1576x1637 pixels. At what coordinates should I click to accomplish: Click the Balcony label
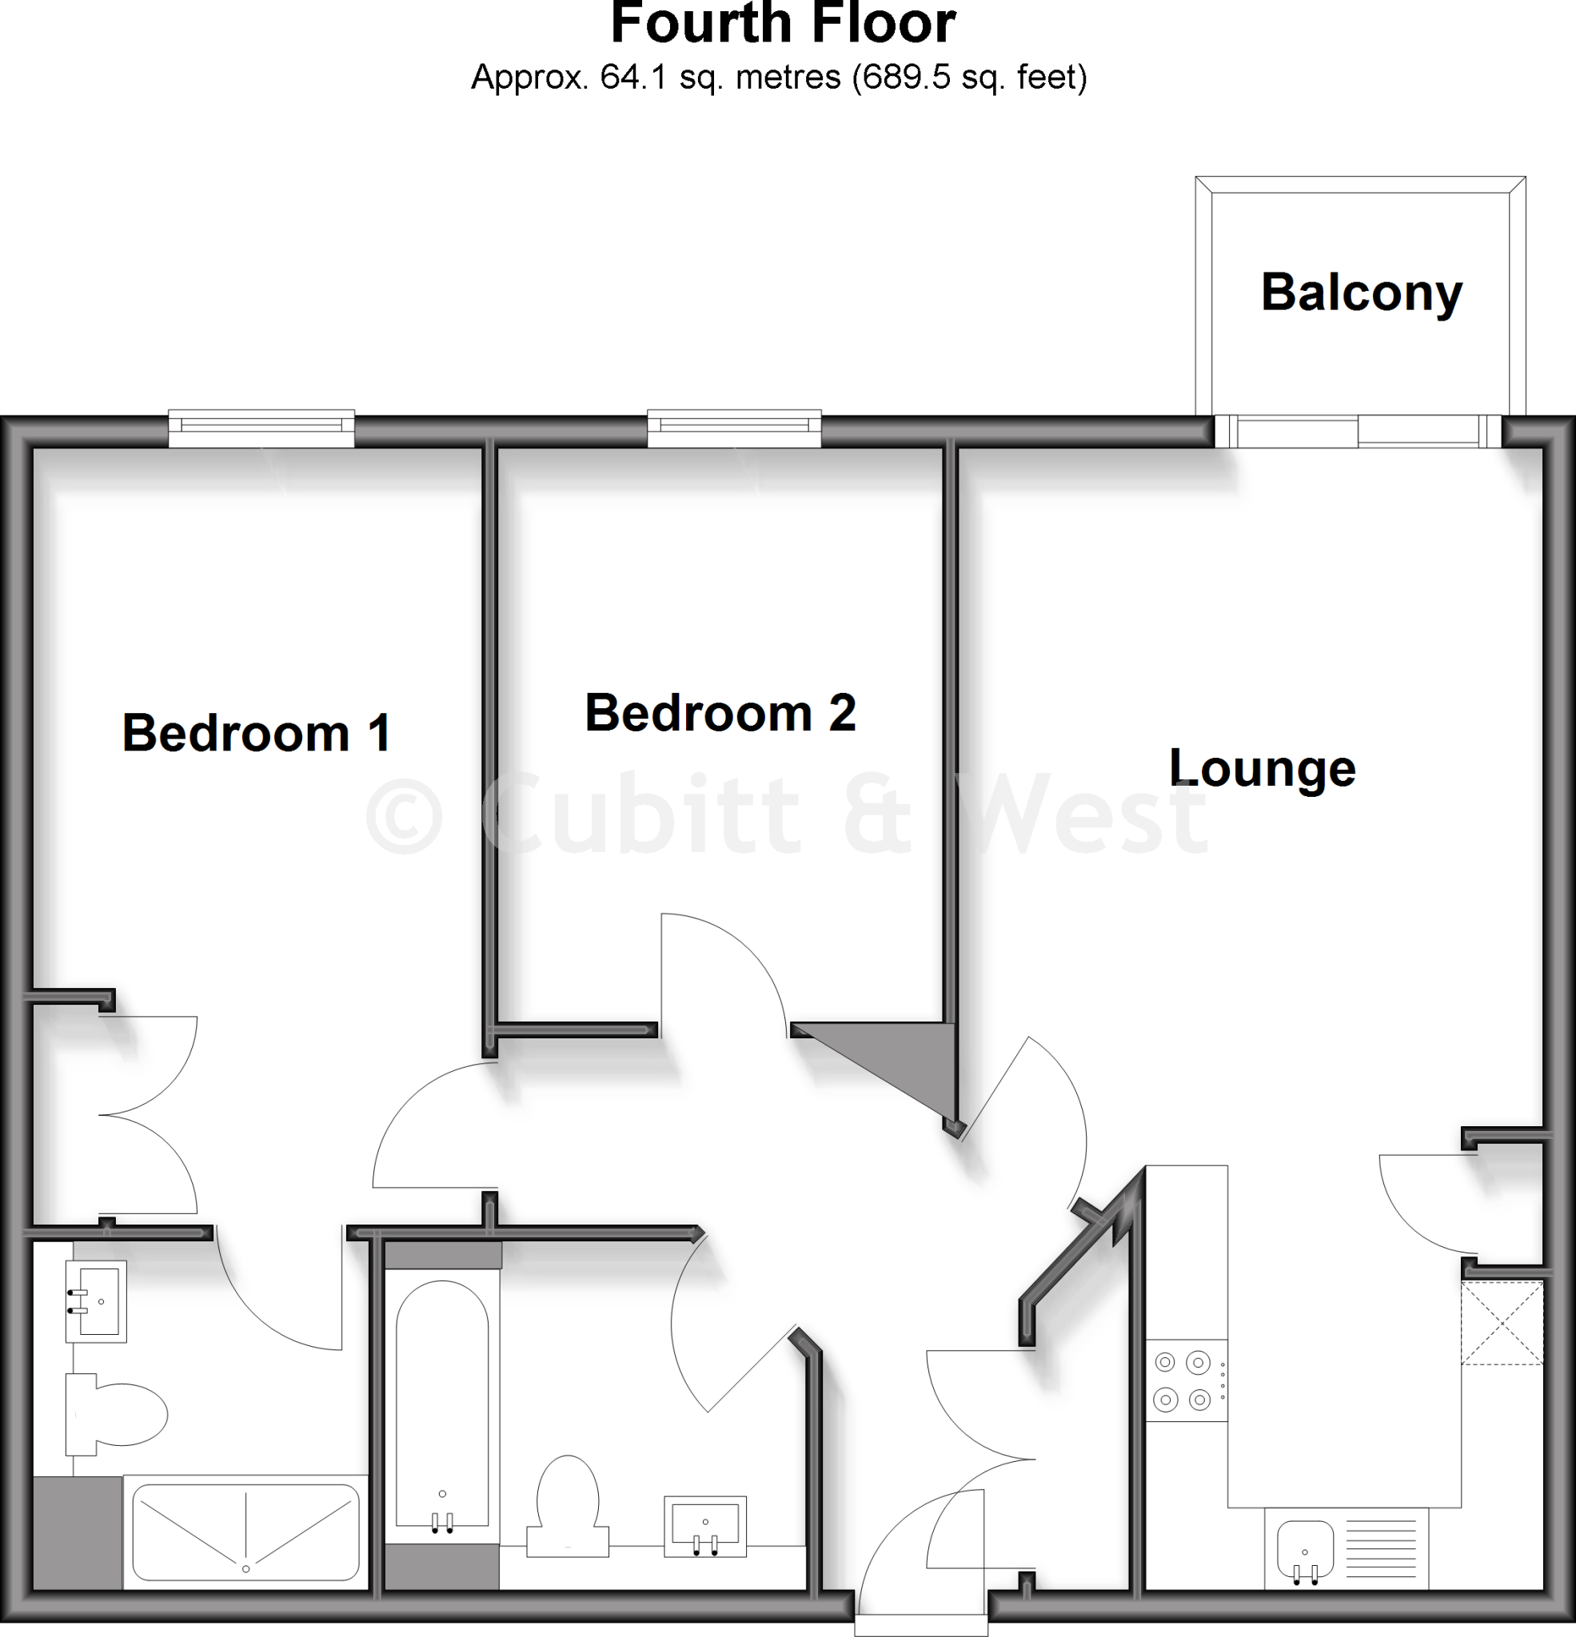(1361, 293)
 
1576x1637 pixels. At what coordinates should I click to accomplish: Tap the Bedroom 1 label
(257, 732)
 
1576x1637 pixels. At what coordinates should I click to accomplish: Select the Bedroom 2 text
(720, 712)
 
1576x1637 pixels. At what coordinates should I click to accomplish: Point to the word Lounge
(1262, 767)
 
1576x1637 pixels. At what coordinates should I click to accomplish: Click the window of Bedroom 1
(261, 428)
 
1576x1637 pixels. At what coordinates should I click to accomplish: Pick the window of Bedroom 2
(734, 428)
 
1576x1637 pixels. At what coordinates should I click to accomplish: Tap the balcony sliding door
(1358, 431)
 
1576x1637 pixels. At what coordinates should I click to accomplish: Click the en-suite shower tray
(245, 1531)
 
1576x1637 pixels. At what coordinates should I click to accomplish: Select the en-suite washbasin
(97, 1301)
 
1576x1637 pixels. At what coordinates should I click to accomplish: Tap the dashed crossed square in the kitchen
(1502, 1323)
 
